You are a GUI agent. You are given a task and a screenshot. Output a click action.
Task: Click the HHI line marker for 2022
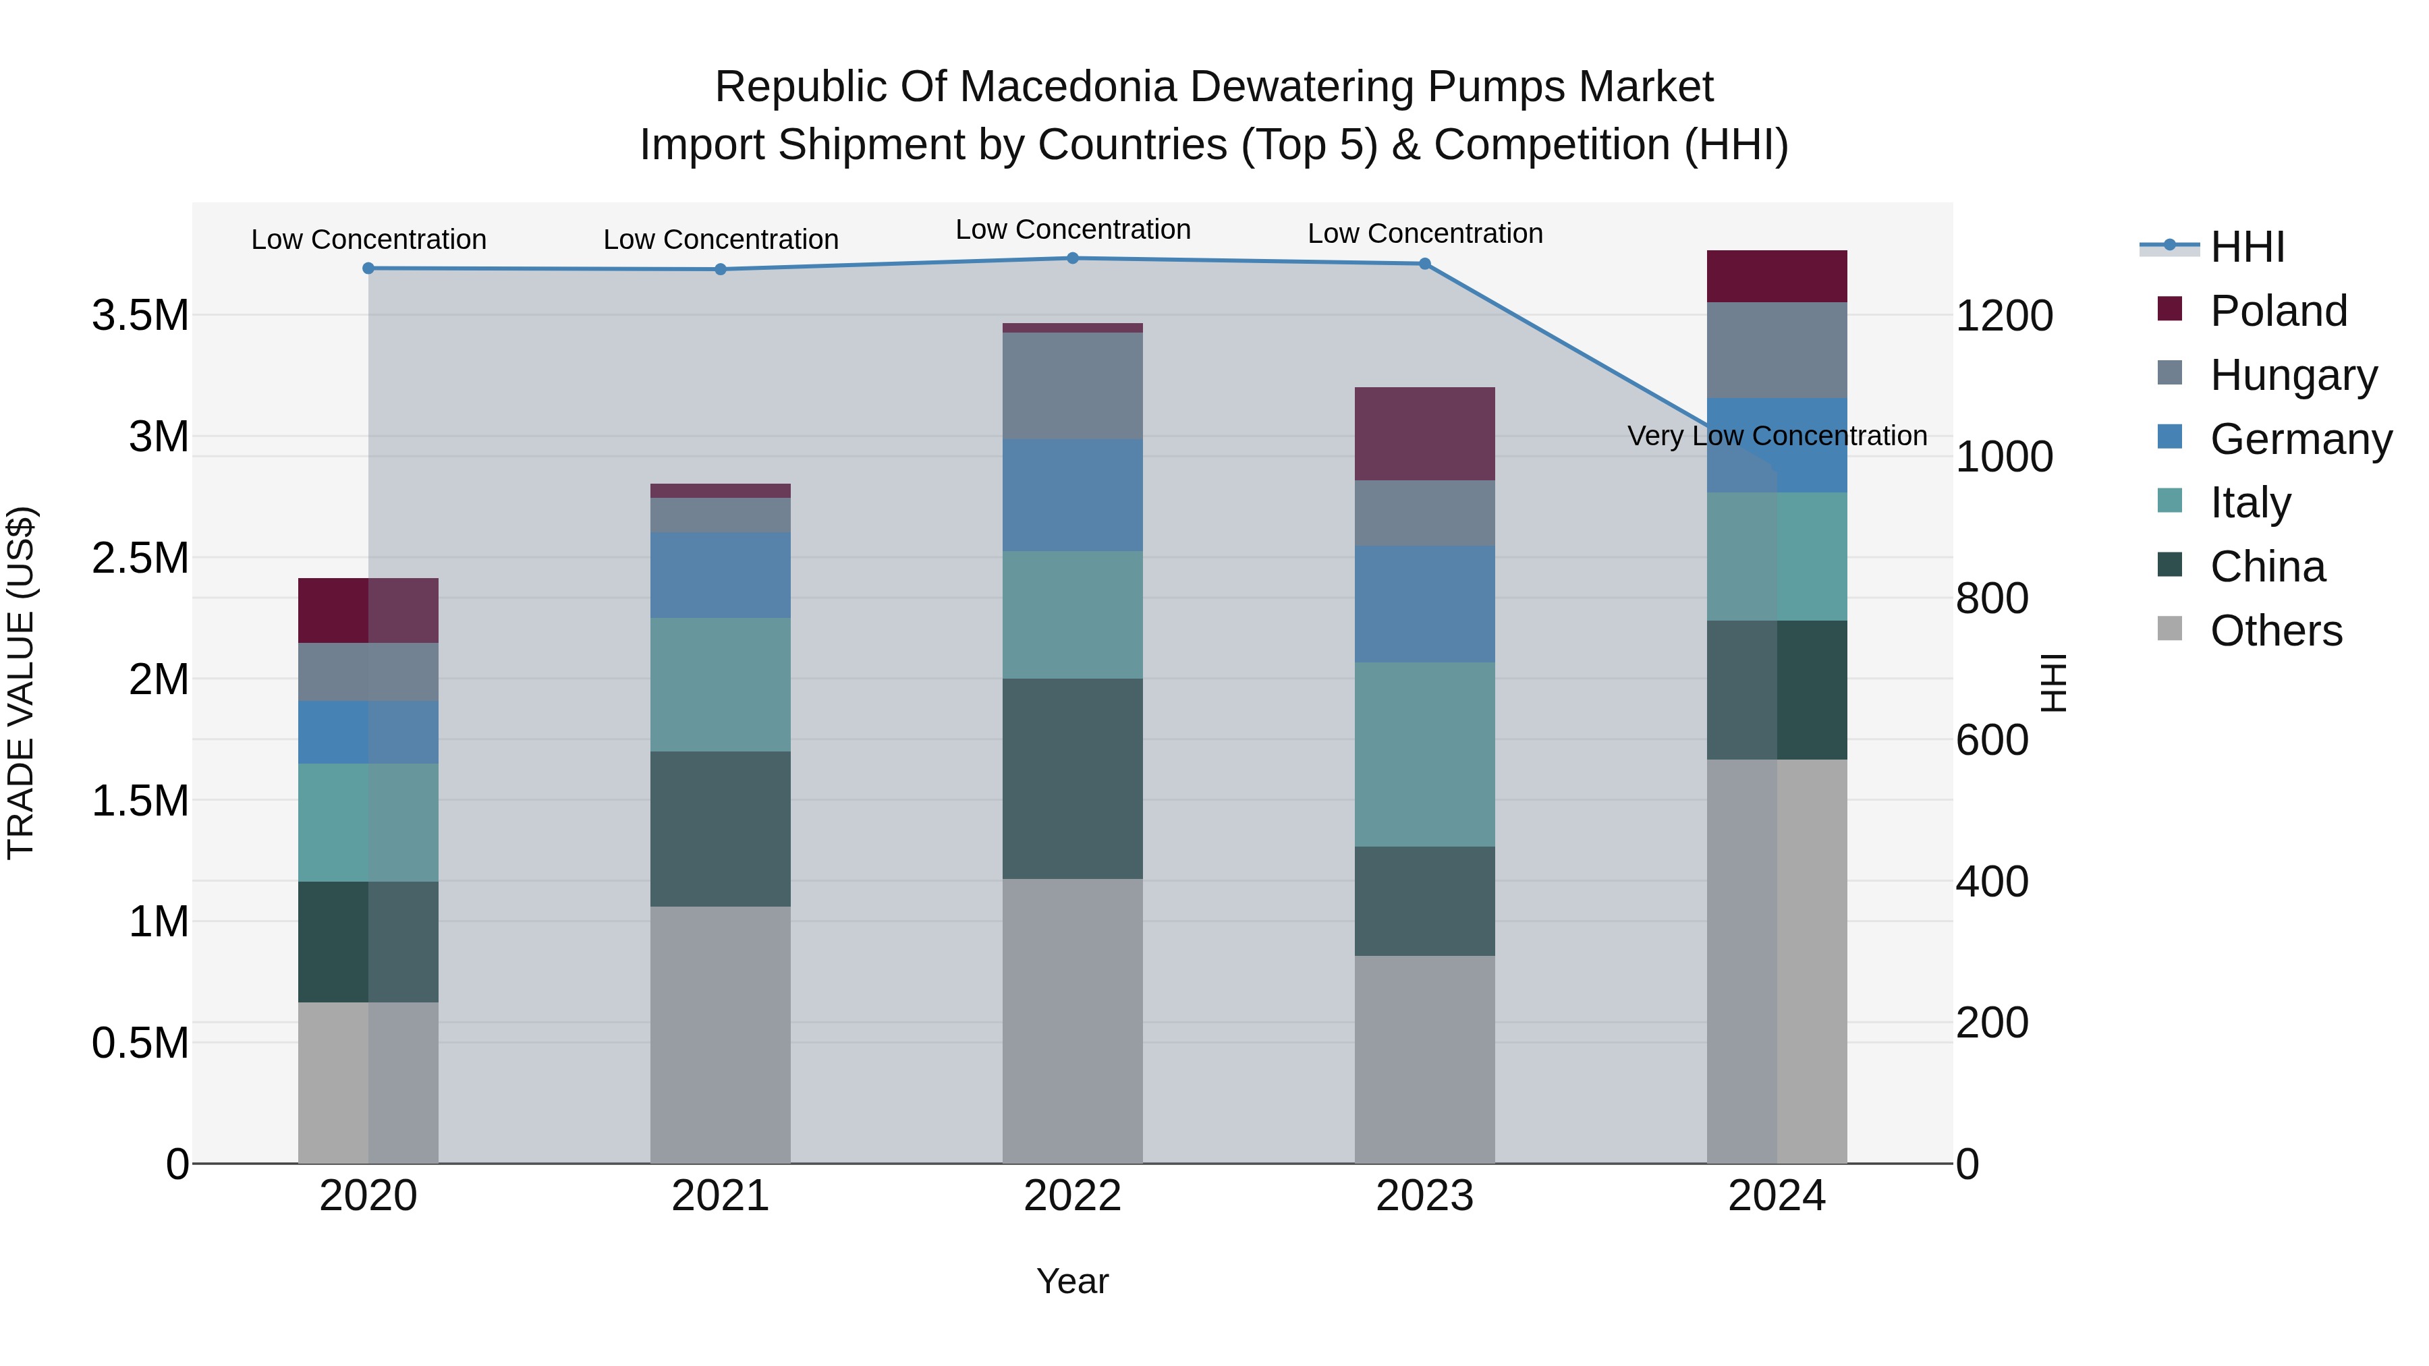(1072, 258)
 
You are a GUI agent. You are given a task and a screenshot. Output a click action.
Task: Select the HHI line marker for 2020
(368, 268)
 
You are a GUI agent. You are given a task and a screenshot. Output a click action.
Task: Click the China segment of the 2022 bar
(1072, 778)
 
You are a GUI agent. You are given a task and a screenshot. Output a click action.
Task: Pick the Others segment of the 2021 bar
(721, 1034)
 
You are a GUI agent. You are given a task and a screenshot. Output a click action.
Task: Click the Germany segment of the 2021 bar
(721, 575)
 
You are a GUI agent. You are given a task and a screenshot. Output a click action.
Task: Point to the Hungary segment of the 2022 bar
(1072, 386)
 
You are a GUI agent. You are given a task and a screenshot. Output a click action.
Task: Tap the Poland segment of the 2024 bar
(1777, 276)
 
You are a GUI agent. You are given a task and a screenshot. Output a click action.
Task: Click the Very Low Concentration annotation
(1777, 436)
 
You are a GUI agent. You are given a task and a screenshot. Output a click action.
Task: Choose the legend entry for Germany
(2301, 439)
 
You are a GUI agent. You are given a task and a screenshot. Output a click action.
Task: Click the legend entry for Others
(2275, 631)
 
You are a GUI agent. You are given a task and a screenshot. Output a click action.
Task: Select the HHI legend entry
(2247, 247)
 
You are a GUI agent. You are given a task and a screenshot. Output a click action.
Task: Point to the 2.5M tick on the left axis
(140, 558)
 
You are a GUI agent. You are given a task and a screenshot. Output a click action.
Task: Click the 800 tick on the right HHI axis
(1992, 598)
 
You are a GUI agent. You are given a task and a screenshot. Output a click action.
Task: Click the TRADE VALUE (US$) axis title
(21, 683)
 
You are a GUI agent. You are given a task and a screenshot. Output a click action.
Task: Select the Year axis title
(1072, 1281)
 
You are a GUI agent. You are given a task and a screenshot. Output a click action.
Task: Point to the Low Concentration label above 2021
(721, 239)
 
